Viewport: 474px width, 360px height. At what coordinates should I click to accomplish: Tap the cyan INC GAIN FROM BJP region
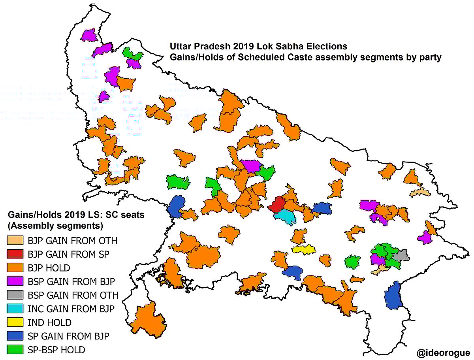285,216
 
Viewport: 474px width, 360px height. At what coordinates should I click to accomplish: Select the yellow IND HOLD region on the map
304,249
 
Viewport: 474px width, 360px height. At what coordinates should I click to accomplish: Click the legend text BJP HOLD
49,268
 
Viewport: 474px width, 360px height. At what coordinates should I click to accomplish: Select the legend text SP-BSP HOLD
56,350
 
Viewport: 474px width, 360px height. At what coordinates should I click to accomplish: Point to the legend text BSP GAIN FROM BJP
71,281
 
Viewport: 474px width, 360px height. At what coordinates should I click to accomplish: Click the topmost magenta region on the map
88,34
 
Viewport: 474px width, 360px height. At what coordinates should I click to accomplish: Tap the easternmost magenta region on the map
425,237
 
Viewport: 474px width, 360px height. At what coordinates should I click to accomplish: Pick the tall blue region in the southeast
393,296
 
